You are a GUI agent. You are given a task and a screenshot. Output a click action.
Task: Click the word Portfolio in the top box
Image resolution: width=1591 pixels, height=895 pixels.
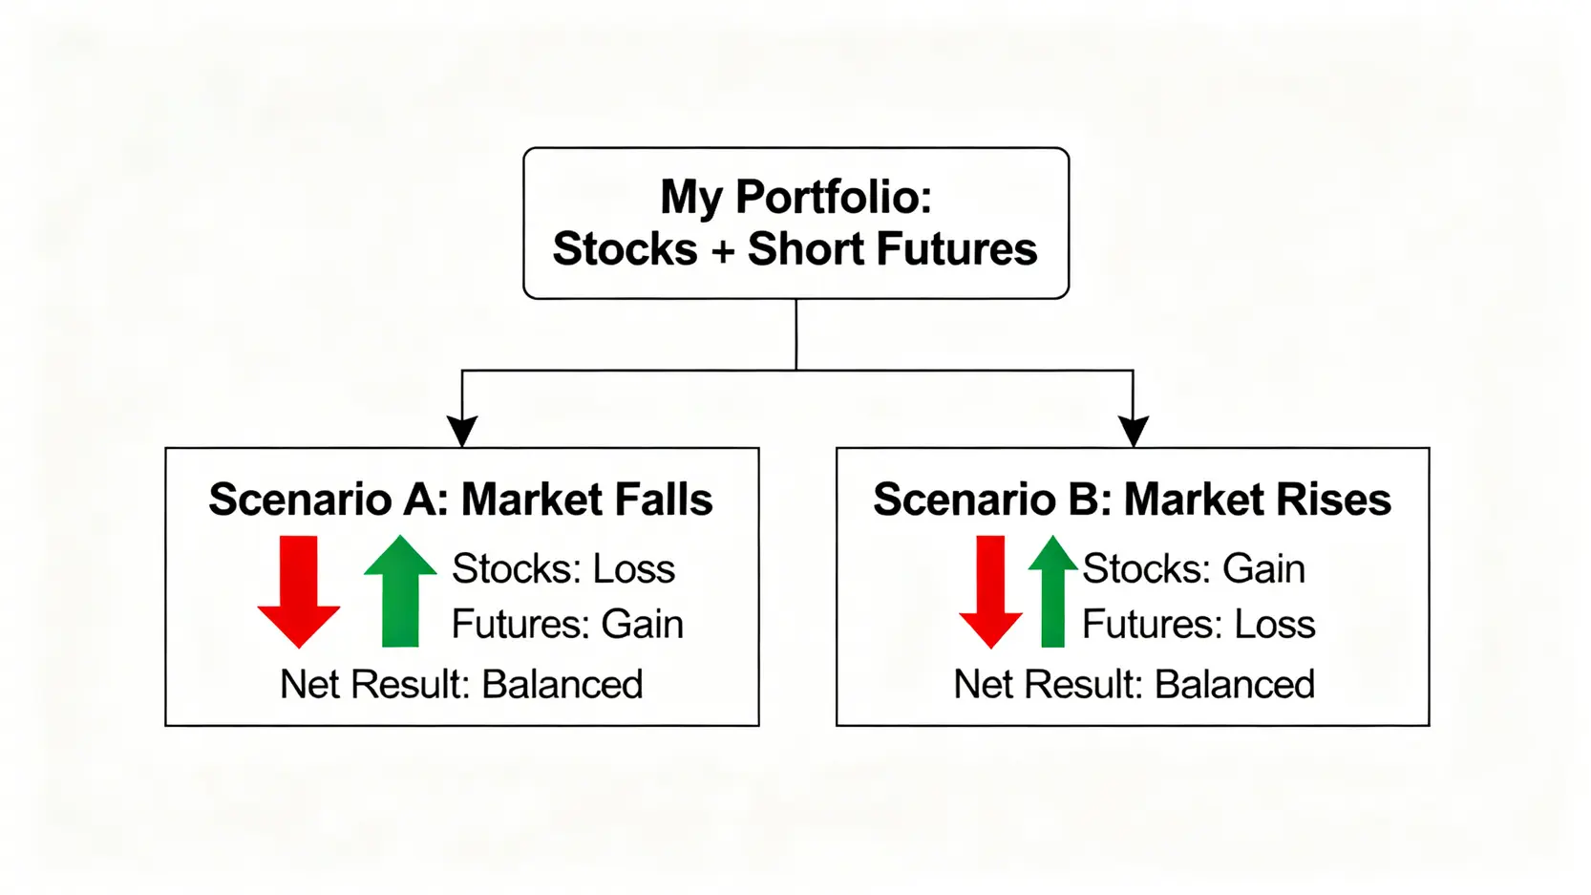[x=833, y=197]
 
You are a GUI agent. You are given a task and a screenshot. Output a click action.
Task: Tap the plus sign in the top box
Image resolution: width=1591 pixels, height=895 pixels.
[x=722, y=250]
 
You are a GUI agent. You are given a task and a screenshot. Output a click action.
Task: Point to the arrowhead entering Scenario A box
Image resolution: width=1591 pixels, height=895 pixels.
[x=461, y=432]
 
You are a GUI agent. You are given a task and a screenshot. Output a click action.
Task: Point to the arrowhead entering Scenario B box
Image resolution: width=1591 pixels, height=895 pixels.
[x=1134, y=432]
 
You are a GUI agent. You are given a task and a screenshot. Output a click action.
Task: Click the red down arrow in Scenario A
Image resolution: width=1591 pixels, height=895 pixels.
[x=298, y=591]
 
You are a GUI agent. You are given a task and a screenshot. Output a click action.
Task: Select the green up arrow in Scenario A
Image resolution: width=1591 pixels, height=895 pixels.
[x=400, y=591]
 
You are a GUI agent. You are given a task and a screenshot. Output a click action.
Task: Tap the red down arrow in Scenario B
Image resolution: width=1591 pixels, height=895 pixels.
[x=990, y=591]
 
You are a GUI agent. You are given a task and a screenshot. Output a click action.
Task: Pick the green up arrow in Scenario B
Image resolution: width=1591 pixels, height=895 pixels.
[x=1053, y=591]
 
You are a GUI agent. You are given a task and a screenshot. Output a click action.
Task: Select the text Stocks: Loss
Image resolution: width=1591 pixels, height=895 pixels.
[x=563, y=568]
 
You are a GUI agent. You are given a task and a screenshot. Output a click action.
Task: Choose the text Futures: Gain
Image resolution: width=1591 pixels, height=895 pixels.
[x=567, y=624]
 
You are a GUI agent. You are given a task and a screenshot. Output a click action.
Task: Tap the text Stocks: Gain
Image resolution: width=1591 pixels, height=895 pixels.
[x=1194, y=568]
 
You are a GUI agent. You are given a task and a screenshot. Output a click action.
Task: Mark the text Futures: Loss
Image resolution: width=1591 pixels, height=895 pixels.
[x=1199, y=624]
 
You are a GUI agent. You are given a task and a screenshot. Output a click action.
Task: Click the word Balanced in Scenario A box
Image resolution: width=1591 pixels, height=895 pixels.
[x=562, y=684]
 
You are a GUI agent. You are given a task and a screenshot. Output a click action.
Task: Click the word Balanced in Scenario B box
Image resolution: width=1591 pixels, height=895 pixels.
[x=1235, y=684]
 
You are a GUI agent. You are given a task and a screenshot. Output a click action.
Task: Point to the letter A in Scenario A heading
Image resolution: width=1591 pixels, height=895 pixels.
[x=419, y=500]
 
